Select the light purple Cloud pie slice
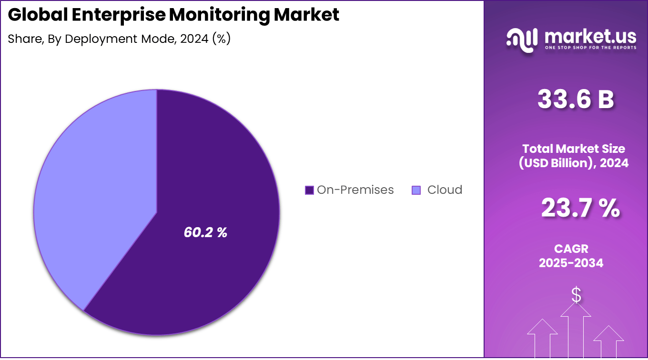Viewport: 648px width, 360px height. (x=95, y=190)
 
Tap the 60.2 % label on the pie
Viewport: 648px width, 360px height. (x=205, y=232)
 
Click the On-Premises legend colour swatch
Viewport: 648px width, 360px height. (x=309, y=190)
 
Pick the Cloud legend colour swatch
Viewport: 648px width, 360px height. (x=416, y=190)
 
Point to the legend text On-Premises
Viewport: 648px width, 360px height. (x=355, y=190)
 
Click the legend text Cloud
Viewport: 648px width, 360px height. (x=445, y=190)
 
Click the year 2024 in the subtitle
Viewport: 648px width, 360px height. (x=194, y=39)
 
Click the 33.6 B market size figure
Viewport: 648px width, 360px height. (x=576, y=100)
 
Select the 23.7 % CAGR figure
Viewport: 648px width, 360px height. (x=580, y=209)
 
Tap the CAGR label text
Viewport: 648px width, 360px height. (x=571, y=249)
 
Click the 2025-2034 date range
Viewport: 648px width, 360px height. (x=571, y=262)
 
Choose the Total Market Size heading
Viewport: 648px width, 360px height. (x=573, y=149)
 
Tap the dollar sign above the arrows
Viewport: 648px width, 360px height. (x=576, y=295)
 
